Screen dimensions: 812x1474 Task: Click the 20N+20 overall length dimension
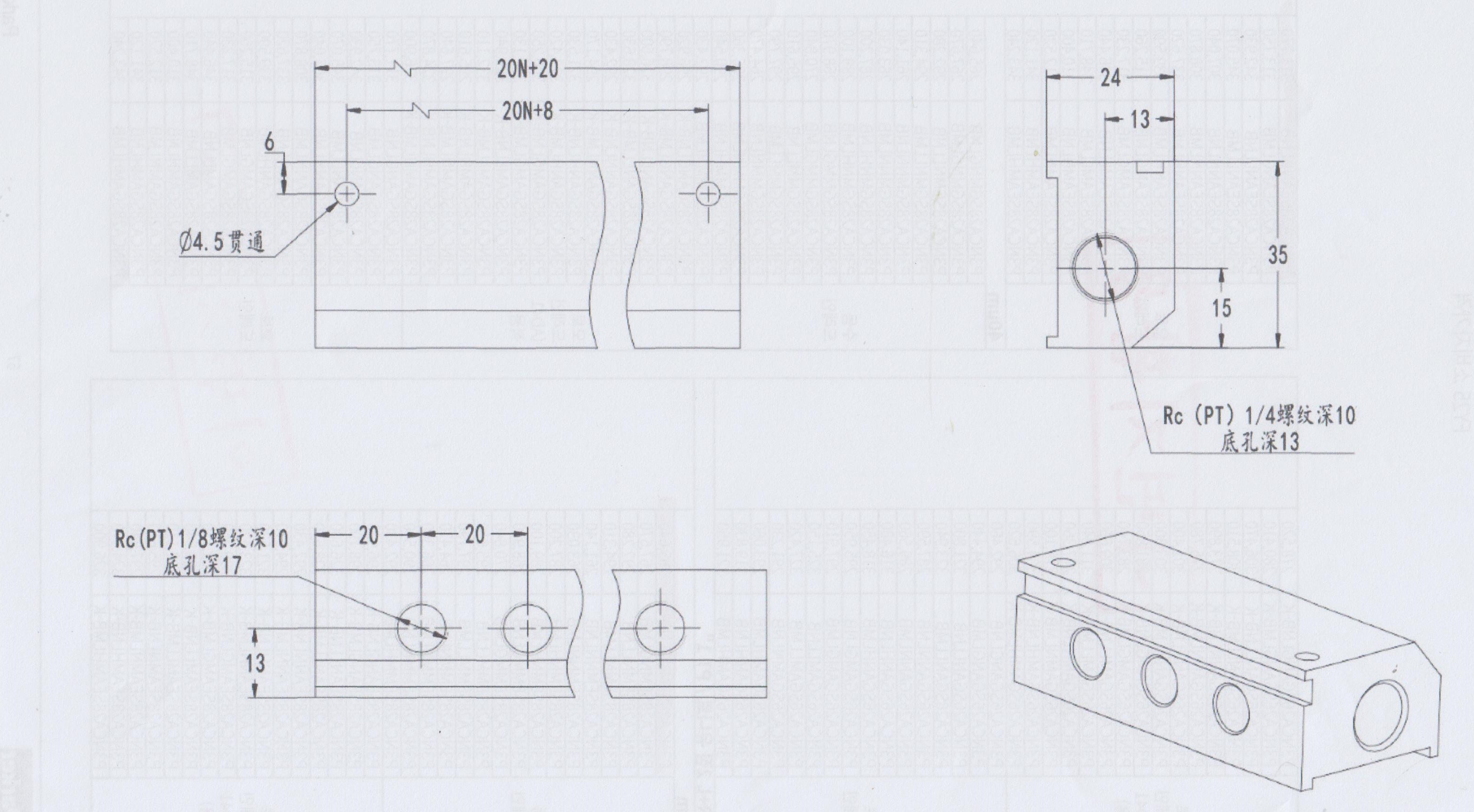(527, 69)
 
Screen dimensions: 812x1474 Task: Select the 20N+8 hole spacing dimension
(527, 111)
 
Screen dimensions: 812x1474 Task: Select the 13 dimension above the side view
(1139, 120)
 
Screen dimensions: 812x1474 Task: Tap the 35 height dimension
(1277, 255)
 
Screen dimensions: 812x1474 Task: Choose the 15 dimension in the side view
(1221, 308)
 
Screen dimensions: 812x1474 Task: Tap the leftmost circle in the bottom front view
(422, 627)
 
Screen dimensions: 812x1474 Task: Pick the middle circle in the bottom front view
(527, 627)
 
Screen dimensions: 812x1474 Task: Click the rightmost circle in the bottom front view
(660, 628)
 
